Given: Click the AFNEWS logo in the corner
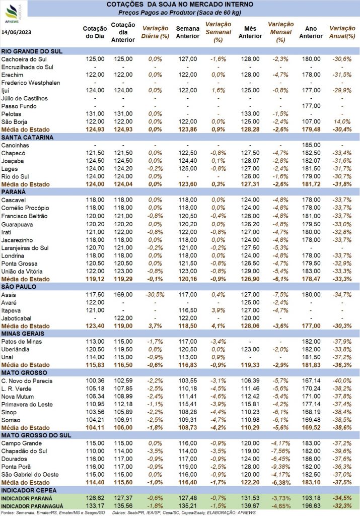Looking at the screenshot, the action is tap(13, 14).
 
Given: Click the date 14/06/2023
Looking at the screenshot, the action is tap(17, 32).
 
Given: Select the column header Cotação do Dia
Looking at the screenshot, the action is tap(95, 32).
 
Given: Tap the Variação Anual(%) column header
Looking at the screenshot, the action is tap(342, 32).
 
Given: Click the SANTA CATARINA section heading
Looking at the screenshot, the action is tap(27, 138).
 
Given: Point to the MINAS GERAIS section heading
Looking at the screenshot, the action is tap(23, 334).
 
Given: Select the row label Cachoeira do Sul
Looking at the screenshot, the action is tap(24, 59).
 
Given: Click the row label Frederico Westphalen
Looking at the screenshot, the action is tap(31, 83).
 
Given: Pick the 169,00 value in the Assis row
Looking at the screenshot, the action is tap(123, 294).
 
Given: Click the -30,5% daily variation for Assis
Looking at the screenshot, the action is tap(155, 294).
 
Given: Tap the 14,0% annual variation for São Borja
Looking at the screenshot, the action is tap(342, 122).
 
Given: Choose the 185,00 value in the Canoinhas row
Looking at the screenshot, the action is tap(311, 145).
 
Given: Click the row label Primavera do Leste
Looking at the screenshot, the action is tap(27, 405).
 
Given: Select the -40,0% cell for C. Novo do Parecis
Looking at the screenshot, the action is tap(342, 381).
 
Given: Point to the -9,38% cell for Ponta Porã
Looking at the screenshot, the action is tap(280, 467).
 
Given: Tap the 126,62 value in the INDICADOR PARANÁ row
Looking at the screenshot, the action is tap(95, 498).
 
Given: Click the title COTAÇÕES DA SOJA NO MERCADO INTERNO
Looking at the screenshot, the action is tap(180, 5).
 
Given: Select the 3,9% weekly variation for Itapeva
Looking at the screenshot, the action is tap(218, 310).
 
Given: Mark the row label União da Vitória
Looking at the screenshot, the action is tap(22, 272).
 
